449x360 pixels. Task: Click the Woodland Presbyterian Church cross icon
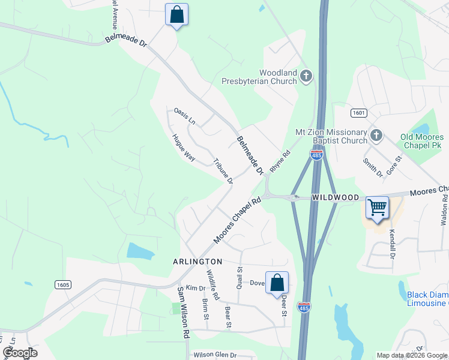pyautogui.click(x=306, y=76)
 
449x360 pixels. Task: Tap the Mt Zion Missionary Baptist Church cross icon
pyautogui.click(x=376, y=134)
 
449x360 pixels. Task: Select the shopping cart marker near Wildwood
pyautogui.click(x=377, y=208)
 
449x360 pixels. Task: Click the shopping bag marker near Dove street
pyautogui.click(x=277, y=283)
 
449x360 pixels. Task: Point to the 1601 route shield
pyautogui.click(x=358, y=113)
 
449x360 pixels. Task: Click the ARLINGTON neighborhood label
pyautogui.click(x=197, y=262)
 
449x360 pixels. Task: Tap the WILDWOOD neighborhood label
pyautogui.click(x=335, y=197)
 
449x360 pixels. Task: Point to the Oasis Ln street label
pyautogui.click(x=185, y=116)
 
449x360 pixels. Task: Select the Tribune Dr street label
pyautogui.click(x=223, y=170)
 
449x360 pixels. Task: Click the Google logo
pyautogui.click(x=19, y=353)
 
